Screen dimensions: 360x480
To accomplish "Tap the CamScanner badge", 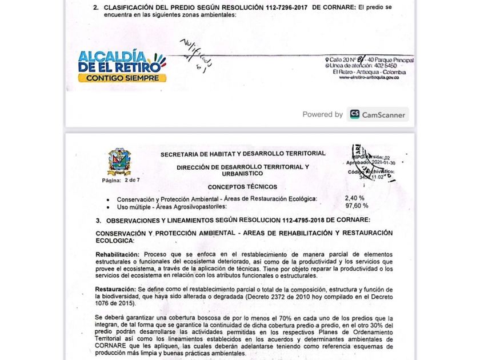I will pos(378,114).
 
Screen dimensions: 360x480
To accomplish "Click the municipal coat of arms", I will pos(119,162).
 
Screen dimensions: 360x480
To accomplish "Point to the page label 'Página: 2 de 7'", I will pos(121,180).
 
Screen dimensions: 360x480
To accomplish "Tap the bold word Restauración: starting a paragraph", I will pos(117,289).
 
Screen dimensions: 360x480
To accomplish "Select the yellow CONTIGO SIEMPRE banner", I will pos(122,78).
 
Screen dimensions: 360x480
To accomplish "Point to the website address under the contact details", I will pos(369,77).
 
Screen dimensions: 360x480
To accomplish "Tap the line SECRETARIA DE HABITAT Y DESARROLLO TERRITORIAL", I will pos(243,153).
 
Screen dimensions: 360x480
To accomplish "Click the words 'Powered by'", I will pos(323,114).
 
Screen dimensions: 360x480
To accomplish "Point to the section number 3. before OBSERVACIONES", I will pos(99,220).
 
